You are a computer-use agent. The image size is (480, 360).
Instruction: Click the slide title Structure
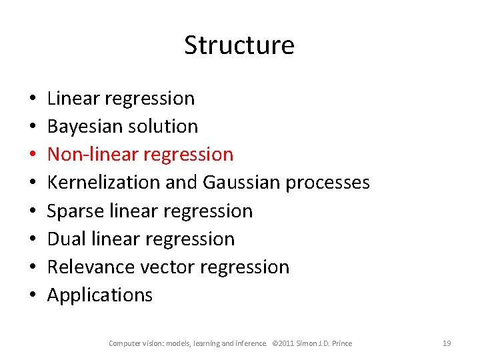coord(239,45)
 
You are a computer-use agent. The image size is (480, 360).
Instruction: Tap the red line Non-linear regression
coord(141,154)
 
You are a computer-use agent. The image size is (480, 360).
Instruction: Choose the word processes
coord(327,183)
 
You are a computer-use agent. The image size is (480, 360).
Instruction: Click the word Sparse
coord(68,211)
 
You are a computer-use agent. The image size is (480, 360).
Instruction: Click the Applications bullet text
coord(100,295)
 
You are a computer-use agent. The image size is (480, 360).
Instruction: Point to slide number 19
coord(447,343)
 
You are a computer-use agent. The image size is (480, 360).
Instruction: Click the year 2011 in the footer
coord(292,343)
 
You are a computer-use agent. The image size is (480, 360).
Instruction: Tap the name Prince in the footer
coord(341,343)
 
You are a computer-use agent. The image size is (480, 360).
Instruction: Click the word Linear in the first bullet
coord(73,98)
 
